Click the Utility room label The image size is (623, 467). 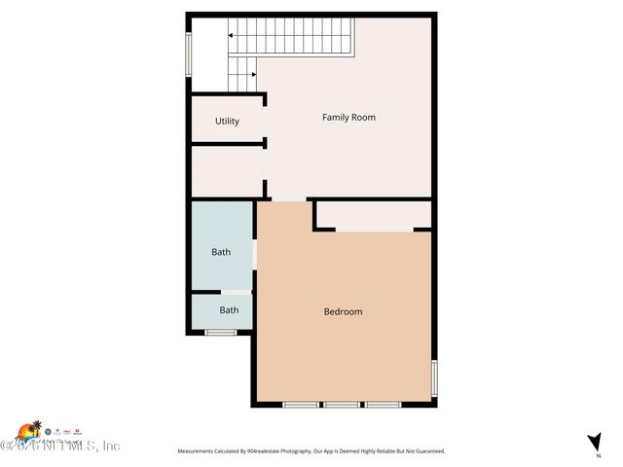pos(227,122)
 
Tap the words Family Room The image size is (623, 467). pos(348,118)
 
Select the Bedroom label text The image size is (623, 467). pos(343,311)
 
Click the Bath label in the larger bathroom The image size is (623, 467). pos(221,252)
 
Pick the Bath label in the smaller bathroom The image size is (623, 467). pos(229,310)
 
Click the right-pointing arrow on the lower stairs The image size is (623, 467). pos(251,73)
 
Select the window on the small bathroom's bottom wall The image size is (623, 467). pos(220,333)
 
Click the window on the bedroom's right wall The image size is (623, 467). pos(434,377)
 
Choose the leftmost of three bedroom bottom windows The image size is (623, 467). pos(301,404)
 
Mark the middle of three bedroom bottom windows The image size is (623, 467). pos(342,404)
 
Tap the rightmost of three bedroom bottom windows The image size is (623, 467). pos(383,404)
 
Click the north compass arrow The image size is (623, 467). pos(595,441)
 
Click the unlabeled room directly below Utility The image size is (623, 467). pos(227,171)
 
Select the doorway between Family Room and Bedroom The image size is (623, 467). pos(287,199)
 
